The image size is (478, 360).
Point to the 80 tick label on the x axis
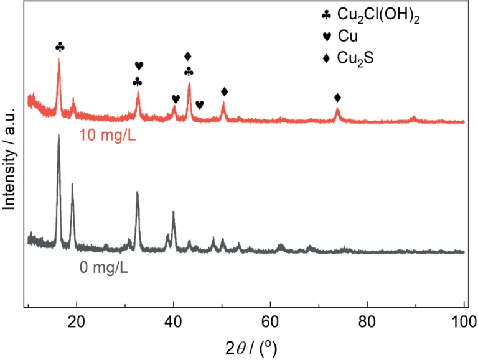pyautogui.click(x=367, y=321)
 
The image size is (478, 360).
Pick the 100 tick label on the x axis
pyautogui.click(x=463, y=321)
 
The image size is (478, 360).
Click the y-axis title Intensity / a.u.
pyautogui.click(x=10, y=156)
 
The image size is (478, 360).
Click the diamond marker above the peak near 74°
pyautogui.click(x=337, y=98)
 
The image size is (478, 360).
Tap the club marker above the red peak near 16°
pyautogui.click(x=59, y=47)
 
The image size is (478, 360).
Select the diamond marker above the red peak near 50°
pyautogui.click(x=224, y=92)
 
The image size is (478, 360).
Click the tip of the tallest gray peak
pyautogui.click(x=59, y=135)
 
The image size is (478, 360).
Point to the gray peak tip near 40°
pyautogui.click(x=173, y=212)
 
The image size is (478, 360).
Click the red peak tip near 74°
pyautogui.click(x=337, y=109)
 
